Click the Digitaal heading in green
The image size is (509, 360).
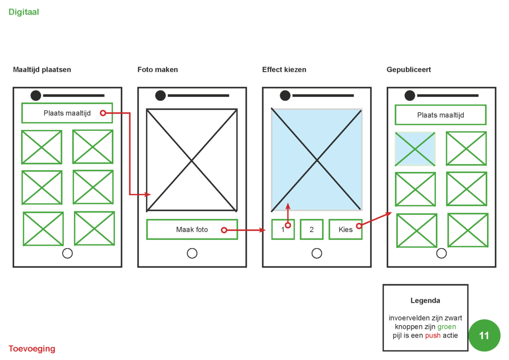(x=24, y=12)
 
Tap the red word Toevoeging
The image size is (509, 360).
(x=32, y=349)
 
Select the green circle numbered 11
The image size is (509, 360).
(x=484, y=335)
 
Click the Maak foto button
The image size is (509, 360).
(x=192, y=230)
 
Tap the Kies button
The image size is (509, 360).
(x=345, y=230)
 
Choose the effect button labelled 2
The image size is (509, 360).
(x=312, y=230)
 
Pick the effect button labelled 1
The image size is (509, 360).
(x=283, y=230)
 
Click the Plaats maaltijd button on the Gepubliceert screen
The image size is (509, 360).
(x=440, y=115)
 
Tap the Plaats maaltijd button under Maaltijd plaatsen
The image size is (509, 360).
(x=67, y=113)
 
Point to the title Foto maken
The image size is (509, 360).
(x=158, y=70)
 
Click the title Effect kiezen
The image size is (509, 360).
(x=284, y=70)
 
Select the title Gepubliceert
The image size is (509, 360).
(x=409, y=70)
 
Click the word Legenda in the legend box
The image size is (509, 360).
(x=425, y=301)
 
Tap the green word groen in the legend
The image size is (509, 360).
(x=447, y=327)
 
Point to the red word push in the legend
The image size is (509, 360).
(x=433, y=336)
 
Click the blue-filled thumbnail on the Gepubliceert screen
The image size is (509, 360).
(x=415, y=149)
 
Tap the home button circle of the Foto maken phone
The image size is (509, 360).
(x=192, y=253)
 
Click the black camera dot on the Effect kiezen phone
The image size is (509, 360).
(x=285, y=95)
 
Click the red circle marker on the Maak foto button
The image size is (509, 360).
(x=224, y=230)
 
